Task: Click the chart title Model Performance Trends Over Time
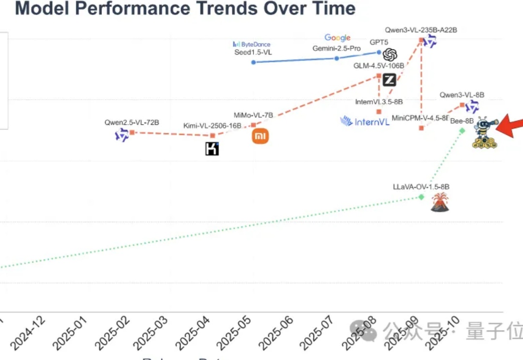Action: pos(185,8)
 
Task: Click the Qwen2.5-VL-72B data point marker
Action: pos(131,132)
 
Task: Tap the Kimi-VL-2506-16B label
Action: pos(212,126)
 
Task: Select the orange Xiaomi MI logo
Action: pos(260,137)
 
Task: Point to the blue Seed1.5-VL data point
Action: pos(253,62)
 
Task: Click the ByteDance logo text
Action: pos(252,45)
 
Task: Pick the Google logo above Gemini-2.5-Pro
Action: pos(338,38)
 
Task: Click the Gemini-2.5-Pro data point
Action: pos(337,58)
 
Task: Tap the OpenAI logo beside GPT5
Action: pos(390,55)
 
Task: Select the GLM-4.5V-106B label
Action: pos(379,66)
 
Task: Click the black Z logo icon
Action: pos(389,80)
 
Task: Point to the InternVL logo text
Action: pos(365,121)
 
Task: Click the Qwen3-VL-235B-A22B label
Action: pos(421,30)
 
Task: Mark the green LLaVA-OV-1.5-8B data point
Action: pos(421,196)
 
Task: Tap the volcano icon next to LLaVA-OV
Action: pos(440,202)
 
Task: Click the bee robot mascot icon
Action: pos(485,132)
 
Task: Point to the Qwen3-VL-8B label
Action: pos(462,95)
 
